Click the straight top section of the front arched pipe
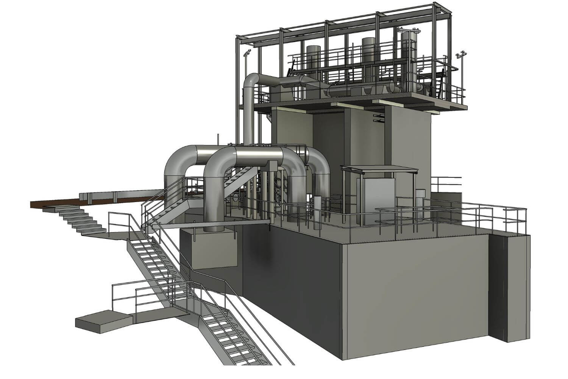[x=257, y=154]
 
